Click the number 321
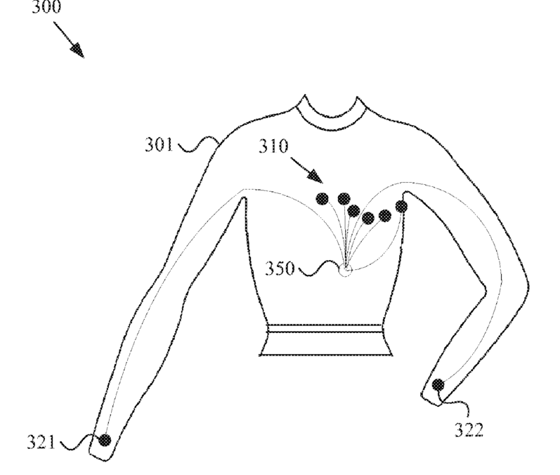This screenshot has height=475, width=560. [44, 443]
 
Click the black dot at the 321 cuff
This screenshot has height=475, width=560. [105, 440]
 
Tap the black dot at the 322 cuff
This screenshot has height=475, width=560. [438, 384]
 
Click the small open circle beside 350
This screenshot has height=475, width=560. [345, 271]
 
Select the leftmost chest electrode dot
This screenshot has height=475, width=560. [322, 198]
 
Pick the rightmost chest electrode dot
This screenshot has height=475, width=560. [401, 206]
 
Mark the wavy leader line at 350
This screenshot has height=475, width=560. [319, 268]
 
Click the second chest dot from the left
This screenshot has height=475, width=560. [344, 198]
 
